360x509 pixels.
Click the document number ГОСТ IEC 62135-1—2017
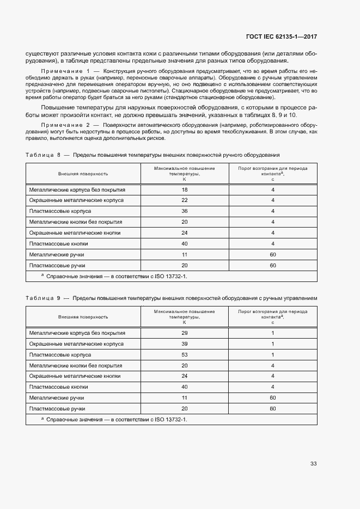(x=282, y=37)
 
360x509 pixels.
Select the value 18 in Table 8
(x=185, y=189)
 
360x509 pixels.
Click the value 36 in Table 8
(x=185, y=211)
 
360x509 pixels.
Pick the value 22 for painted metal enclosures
(x=185, y=200)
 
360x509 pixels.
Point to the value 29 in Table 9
(x=185, y=333)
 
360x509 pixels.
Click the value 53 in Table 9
(x=185, y=355)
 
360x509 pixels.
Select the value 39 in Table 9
(x=185, y=344)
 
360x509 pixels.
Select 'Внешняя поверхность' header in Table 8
(x=83, y=174)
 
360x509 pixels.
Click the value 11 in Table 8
(x=185, y=254)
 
